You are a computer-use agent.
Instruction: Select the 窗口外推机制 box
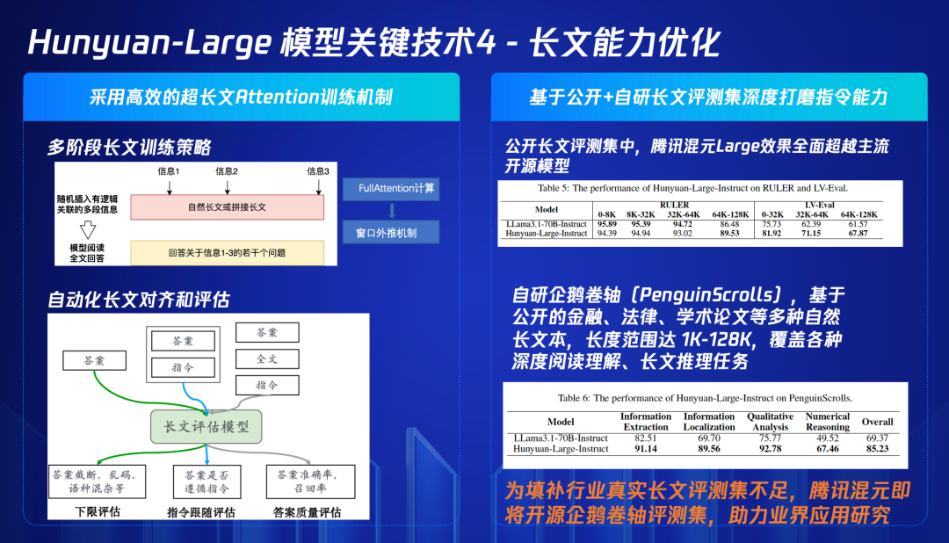[x=388, y=232]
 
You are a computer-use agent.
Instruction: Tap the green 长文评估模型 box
[x=206, y=427]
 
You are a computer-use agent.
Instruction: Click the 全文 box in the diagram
[x=266, y=359]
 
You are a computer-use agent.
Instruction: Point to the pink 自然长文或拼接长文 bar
[x=227, y=207]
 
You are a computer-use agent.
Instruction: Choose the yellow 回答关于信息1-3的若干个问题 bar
[x=227, y=253]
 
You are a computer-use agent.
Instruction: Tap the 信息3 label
[x=318, y=170]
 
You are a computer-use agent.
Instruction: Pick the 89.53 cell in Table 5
[x=731, y=233]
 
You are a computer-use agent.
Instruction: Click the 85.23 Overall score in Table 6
[x=876, y=449]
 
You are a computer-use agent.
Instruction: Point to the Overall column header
[x=877, y=422]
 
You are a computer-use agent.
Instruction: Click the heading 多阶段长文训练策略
[x=129, y=147]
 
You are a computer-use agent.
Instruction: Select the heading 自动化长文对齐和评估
[x=138, y=300]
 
